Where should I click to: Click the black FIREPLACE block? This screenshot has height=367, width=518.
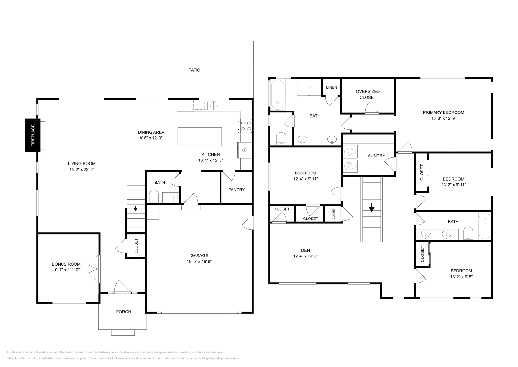point(33,135)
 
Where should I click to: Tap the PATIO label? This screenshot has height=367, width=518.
point(194,70)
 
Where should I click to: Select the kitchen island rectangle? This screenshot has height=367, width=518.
point(200,136)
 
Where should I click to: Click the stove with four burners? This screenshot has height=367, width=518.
point(245,126)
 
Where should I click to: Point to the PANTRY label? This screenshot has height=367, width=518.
point(236,190)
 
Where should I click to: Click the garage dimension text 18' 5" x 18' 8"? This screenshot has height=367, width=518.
point(199,261)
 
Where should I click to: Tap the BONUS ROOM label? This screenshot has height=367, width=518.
point(66,264)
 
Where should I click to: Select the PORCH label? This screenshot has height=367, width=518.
point(123,312)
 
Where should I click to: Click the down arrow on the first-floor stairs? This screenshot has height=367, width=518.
point(135,209)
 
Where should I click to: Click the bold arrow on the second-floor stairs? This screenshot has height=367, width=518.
point(372,207)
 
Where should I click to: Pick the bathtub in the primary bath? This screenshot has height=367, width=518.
point(278,94)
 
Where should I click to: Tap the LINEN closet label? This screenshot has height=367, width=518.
point(331,87)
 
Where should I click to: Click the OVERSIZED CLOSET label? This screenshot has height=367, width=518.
point(368,94)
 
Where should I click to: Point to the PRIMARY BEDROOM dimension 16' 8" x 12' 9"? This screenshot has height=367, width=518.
point(443,118)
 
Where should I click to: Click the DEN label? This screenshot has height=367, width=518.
point(305,250)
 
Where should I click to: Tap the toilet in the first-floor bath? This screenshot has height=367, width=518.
point(153,196)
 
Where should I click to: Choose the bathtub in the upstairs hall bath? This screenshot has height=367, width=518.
point(484,226)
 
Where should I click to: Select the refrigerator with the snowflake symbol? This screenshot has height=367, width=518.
point(245,150)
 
